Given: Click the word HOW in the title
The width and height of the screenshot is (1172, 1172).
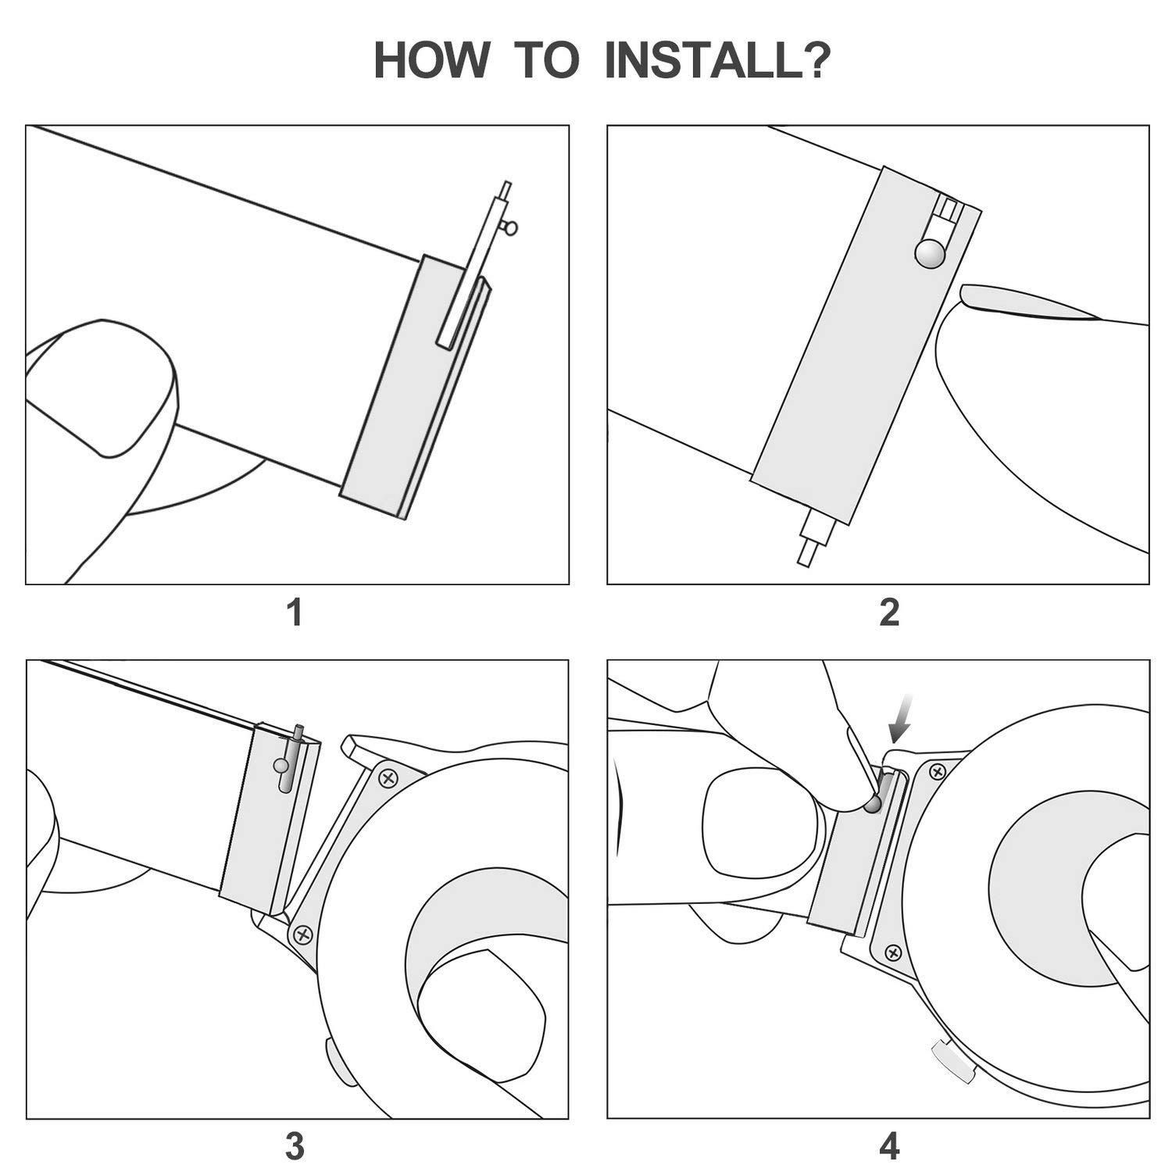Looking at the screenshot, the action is [x=431, y=61].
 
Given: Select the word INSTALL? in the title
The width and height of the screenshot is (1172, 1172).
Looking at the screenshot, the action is [x=718, y=61].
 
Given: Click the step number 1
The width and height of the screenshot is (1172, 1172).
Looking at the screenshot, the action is [x=295, y=613].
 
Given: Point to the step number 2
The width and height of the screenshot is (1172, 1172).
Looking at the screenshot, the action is [x=889, y=613].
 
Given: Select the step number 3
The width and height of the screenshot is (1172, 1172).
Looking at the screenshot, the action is [x=295, y=1147].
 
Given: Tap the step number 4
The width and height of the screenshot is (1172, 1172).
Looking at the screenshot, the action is [x=889, y=1147].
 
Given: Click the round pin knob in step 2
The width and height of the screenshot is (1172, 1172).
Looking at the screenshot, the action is [x=931, y=253].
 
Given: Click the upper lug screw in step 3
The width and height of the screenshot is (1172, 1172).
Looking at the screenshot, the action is [x=388, y=777].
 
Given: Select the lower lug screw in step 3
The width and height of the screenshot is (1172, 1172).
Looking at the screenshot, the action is [x=302, y=934].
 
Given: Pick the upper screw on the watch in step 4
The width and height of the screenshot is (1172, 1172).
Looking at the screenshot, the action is [x=934, y=772].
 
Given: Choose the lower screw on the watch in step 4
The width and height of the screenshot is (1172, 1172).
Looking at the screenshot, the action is [x=894, y=952].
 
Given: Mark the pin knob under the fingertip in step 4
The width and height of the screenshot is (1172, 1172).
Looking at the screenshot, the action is [x=873, y=803].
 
